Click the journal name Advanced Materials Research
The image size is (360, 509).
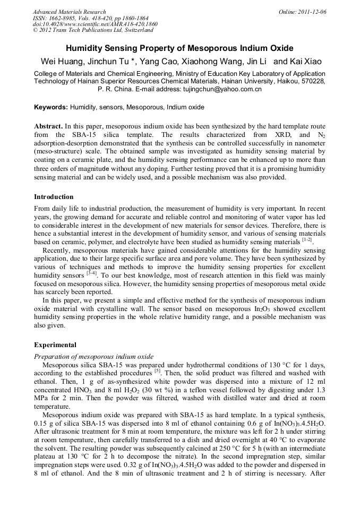tap(69, 12)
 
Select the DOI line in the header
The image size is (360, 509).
tap(95, 24)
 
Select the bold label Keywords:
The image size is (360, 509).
tap(51, 107)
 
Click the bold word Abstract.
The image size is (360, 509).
tap(48, 127)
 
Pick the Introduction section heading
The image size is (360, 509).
tap(54, 197)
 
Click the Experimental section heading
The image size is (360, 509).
tap(55, 345)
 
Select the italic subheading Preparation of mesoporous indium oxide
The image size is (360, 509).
tap(93, 356)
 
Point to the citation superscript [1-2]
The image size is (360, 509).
tap(308, 240)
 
